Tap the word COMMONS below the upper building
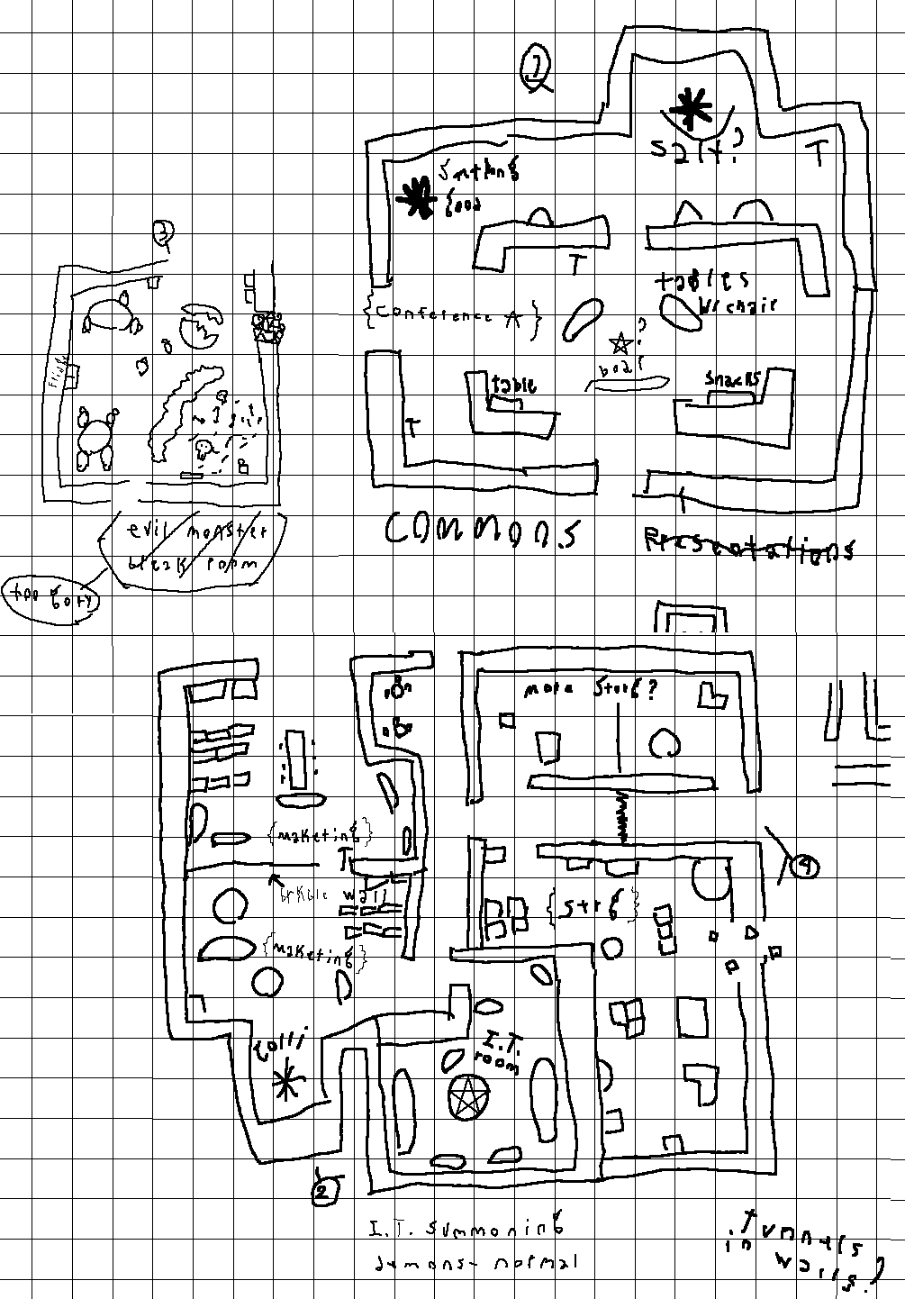[483, 531]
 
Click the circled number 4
[803, 867]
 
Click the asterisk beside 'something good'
[415, 197]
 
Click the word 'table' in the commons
[512, 386]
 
